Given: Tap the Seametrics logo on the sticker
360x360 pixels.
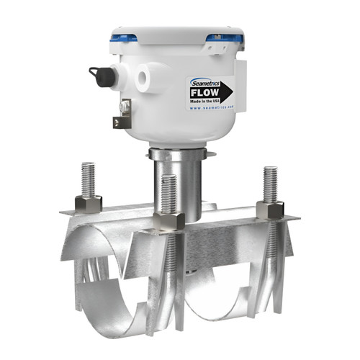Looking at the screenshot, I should point(203,83).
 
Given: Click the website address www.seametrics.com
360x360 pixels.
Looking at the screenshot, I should point(213,113).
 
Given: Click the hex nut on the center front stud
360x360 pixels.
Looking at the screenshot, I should point(170,220).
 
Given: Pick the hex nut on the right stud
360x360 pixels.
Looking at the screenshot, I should point(269,209).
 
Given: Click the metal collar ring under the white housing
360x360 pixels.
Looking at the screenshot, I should point(176,153).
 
